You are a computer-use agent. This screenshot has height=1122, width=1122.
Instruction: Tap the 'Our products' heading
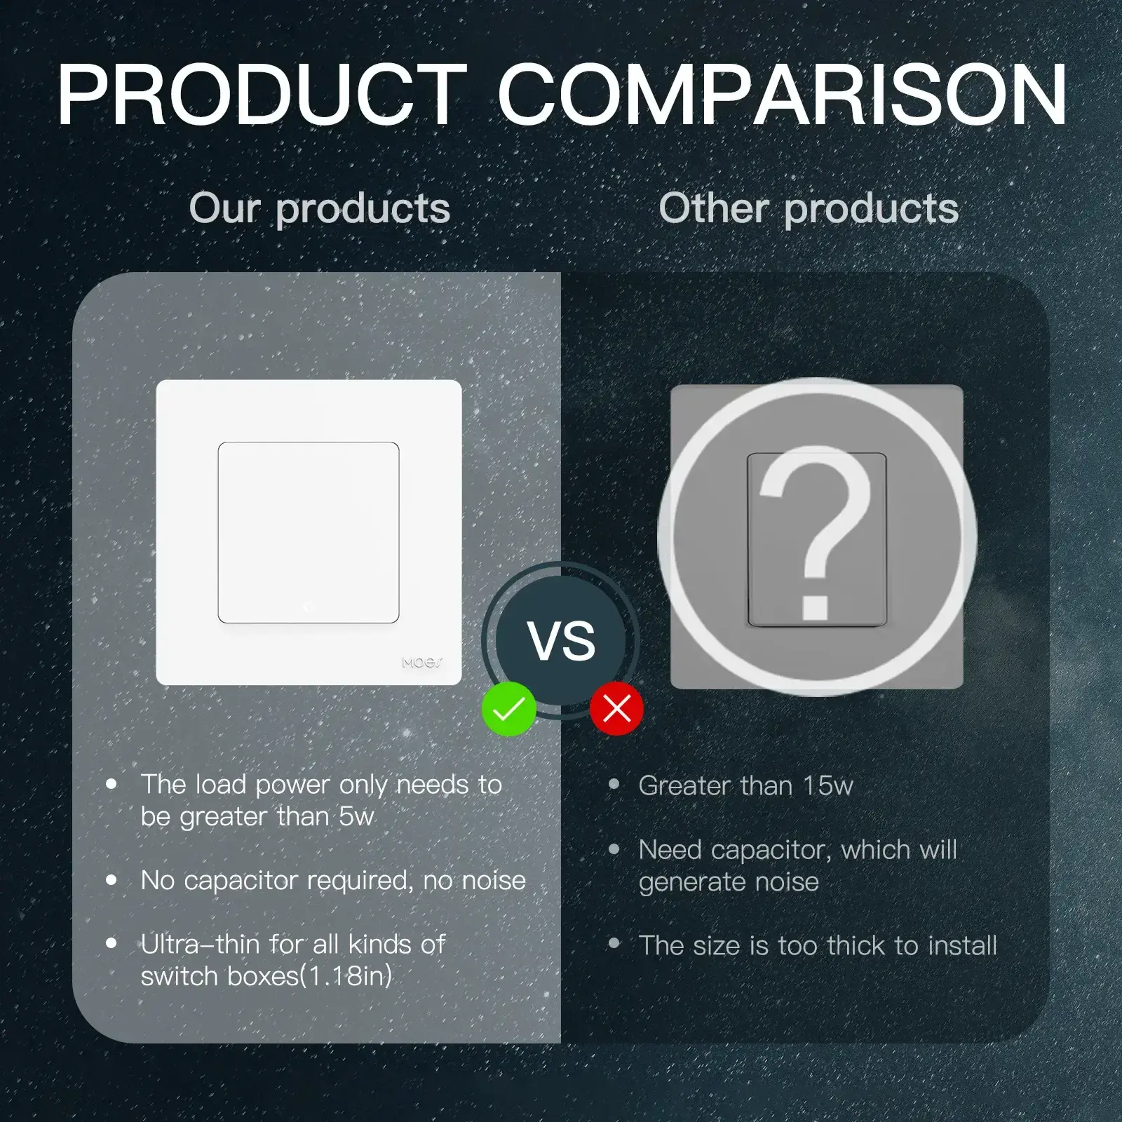(320, 209)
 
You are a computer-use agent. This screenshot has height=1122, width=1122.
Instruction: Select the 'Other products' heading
(809, 209)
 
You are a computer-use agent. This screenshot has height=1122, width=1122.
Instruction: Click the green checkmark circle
(509, 709)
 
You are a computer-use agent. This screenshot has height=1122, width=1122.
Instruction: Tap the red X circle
(616, 709)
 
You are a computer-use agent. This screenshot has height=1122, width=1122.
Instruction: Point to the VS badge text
(562, 641)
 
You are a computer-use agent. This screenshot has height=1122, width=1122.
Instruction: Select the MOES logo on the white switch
(422, 662)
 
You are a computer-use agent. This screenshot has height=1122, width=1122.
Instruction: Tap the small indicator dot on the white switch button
(309, 607)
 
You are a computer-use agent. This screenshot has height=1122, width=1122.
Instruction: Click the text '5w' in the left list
(357, 817)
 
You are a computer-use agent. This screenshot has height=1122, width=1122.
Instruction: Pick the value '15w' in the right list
(828, 786)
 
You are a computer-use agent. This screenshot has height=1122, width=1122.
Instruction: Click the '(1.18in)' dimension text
(346, 976)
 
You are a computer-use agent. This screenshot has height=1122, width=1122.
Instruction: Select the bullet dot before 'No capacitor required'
(111, 880)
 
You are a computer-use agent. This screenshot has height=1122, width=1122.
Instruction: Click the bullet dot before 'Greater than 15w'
(614, 785)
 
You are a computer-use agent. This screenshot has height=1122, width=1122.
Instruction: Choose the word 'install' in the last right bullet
(962, 946)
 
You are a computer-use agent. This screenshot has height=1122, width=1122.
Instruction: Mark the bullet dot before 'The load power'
(111, 784)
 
